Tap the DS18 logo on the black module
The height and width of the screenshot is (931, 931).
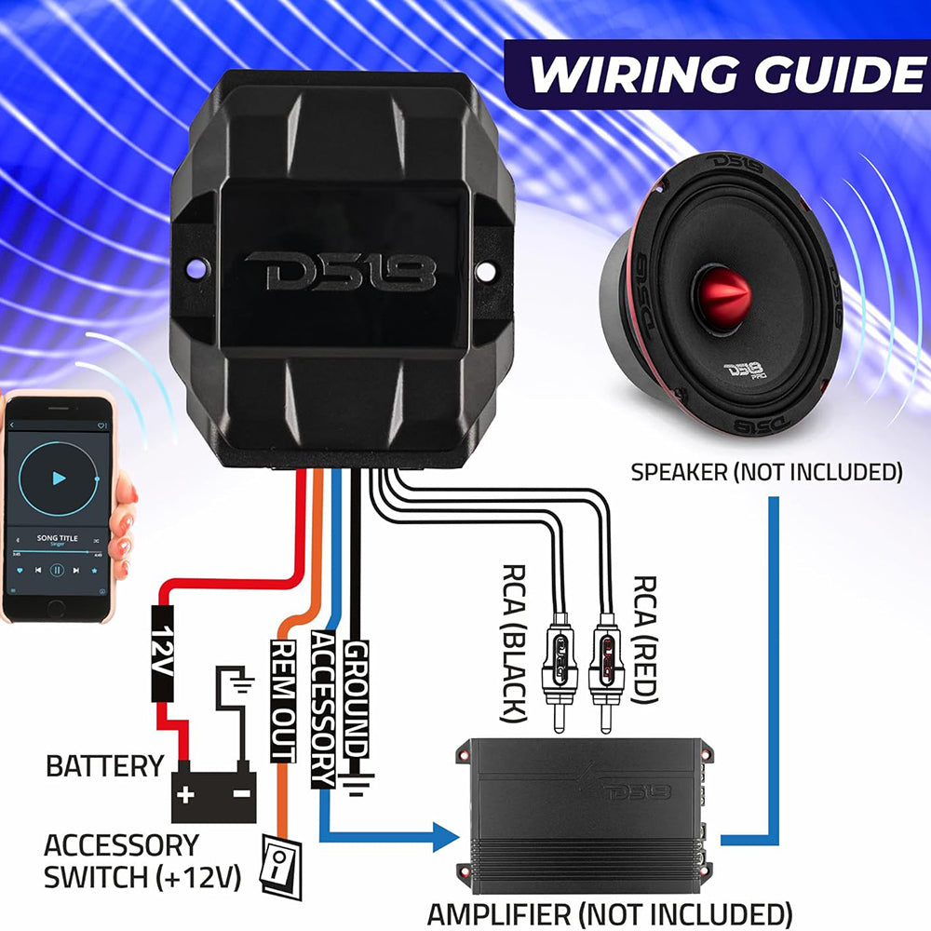point(341,271)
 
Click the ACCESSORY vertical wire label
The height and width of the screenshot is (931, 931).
point(322,708)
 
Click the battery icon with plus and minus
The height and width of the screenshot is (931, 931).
point(214,792)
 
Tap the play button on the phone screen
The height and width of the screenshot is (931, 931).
point(59,479)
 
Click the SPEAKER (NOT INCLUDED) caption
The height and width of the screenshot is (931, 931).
point(766,472)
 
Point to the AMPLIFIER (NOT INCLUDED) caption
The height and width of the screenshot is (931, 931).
point(609,911)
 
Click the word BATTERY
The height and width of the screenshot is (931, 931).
point(105,766)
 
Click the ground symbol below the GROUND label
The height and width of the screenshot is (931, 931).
point(354,786)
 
